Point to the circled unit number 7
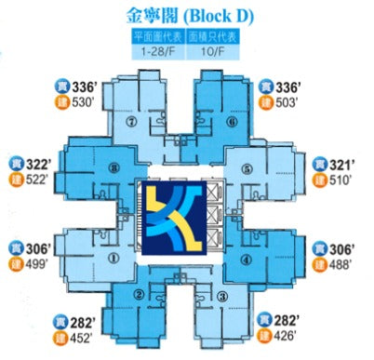pyautogui.click(x=133, y=121)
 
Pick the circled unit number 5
pyautogui.click(x=247, y=169)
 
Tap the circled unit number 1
pyautogui.click(x=114, y=260)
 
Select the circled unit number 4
pyautogui.click(x=248, y=260)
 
